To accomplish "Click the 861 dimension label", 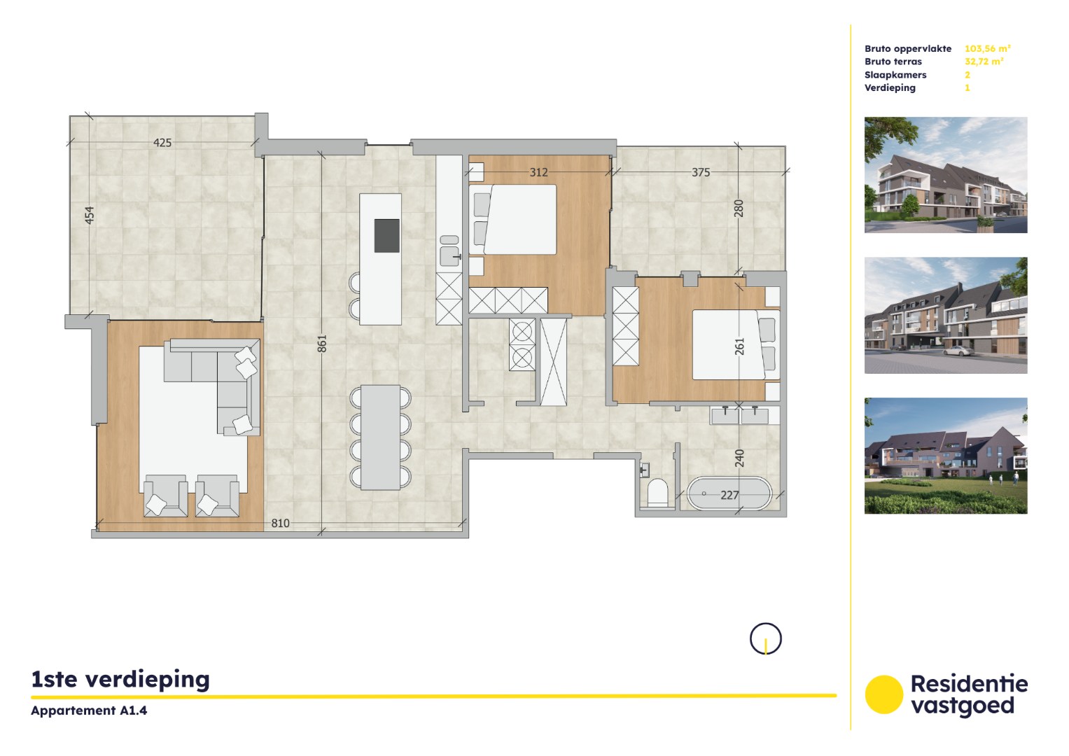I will pyautogui.click(x=322, y=343).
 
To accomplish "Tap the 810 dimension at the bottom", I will pyautogui.click(x=280, y=523).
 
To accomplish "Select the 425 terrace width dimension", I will pyautogui.click(x=162, y=143).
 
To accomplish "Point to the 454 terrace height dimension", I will pyautogui.click(x=90, y=215).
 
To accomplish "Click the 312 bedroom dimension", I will pyautogui.click(x=538, y=172).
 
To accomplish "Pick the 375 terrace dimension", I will pyautogui.click(x=701, y=172).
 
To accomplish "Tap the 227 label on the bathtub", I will pyautogui.click(x=729, y=495).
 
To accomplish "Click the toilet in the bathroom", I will pyautogui.click(x=658, y=491).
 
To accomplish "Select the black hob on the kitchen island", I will pyautogui.click(x=387, y=235).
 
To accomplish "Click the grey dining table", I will pyautogui.click(x=380, y=437).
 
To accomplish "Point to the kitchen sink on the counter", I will pyautogui.click(x=449, y=251).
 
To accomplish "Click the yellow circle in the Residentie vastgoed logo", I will pyautogui.click(x=884, y=694).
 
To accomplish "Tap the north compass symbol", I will pyautogui.click(x=765, y=638).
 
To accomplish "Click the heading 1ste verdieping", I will pyautogui.click(x=120, y=679).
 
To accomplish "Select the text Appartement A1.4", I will pyautogui.click(x=89, y=710).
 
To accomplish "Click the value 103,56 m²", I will pyautogui.click(x=987, y=48).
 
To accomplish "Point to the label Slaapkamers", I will pyautogui.click(x=895, y=75).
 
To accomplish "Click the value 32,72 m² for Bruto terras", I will pyautogui.click(x=984, y=62).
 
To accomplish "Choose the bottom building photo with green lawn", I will pyautogui.click(x=945, y=456).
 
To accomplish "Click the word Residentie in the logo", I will pyautogui.click(x=969, y=683).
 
